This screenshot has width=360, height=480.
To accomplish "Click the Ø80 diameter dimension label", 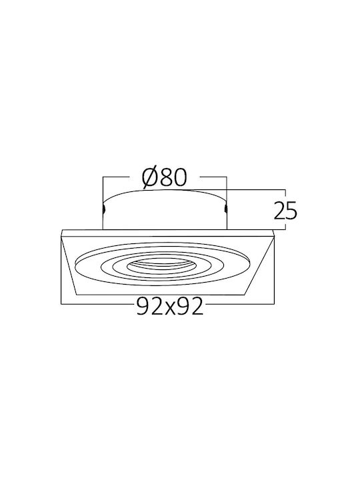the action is [164, 177].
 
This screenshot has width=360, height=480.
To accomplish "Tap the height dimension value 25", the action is [285, 211].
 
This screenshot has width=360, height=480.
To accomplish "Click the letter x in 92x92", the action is [169, 308].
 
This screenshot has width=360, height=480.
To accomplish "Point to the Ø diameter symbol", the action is [150, 177].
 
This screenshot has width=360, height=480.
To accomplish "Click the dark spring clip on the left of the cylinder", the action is [104, 209].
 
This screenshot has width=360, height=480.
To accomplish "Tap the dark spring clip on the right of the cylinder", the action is [225, 209].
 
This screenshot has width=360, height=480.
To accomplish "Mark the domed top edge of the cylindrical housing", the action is [165, 190].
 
